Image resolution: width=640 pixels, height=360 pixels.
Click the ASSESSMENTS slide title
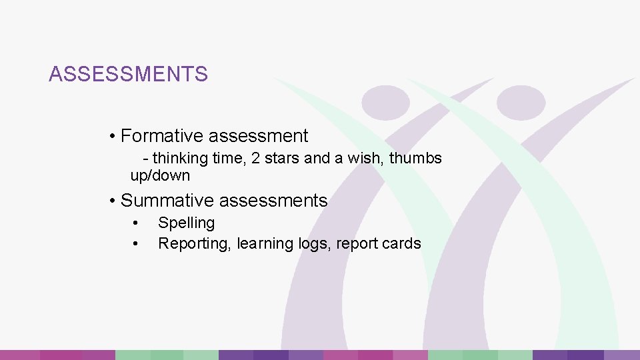128,74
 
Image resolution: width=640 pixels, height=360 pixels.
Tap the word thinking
180,159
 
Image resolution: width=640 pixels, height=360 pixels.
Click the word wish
369,159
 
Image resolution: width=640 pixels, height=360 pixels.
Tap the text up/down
160,177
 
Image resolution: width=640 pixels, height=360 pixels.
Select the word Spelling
186,223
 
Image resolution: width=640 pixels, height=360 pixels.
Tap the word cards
403,244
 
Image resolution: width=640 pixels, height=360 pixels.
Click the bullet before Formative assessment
114,137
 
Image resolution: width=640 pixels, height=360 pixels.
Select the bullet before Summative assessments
114,201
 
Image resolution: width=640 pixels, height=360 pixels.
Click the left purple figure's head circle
385,103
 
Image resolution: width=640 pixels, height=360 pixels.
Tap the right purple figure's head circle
521,103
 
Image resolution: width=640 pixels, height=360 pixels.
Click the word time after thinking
229,159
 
